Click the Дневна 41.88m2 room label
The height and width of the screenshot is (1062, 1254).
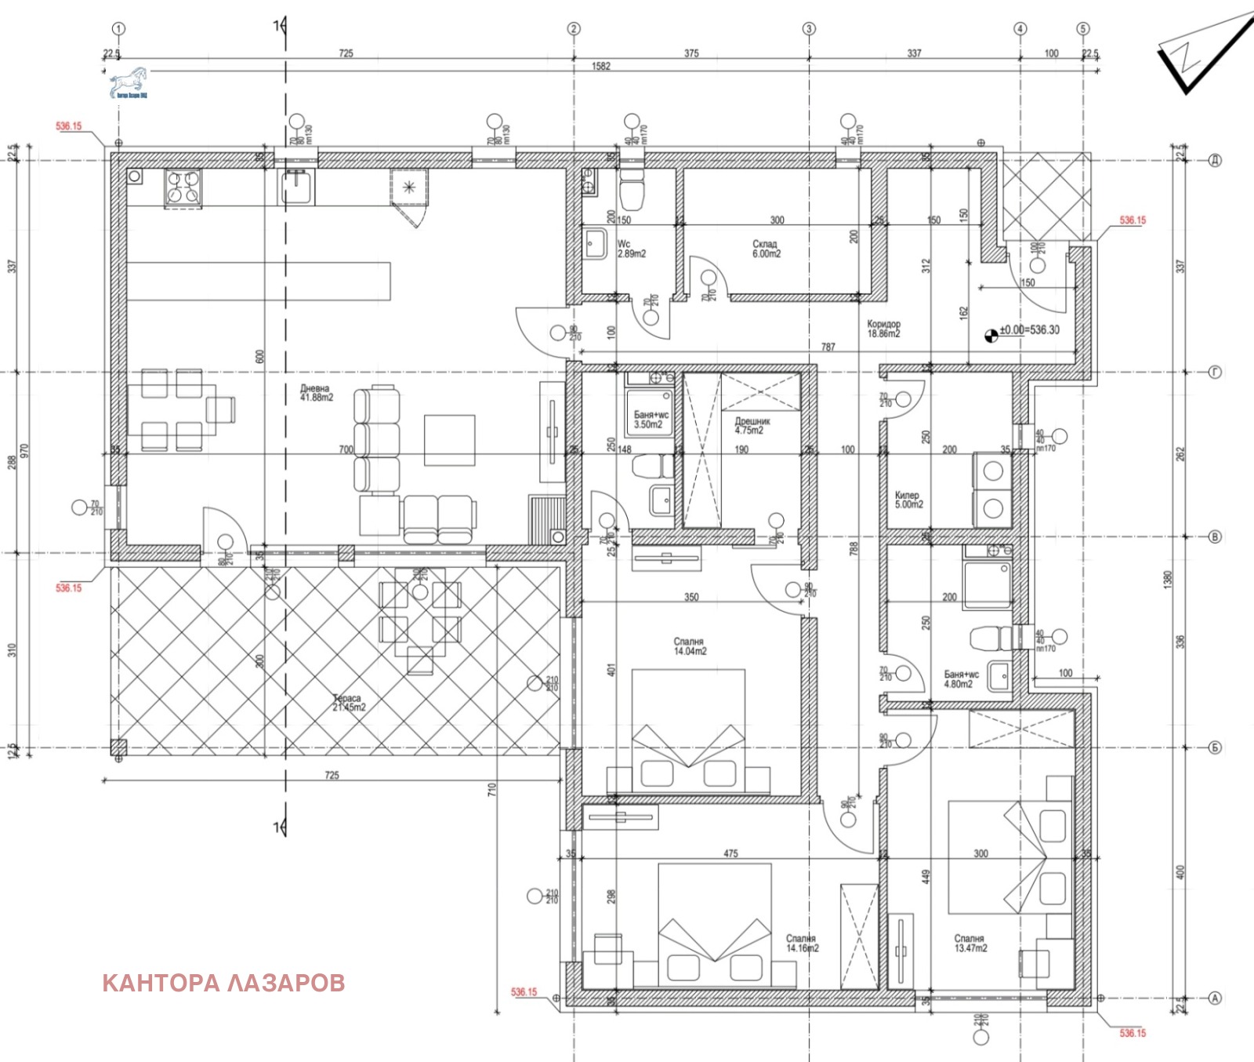point(316,393)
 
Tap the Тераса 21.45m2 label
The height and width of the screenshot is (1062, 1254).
point(348,703)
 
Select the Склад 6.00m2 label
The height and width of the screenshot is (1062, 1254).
point(766,249)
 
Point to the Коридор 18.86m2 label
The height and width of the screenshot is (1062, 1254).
point(883,329)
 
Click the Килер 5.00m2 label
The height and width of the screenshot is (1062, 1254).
point(908,500)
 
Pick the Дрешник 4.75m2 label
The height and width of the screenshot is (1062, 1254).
point(752,426)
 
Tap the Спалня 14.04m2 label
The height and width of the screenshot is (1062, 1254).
point(690,646)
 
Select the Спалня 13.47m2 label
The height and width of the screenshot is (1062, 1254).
point(970,943)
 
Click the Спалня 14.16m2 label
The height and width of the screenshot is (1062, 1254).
point(802,943)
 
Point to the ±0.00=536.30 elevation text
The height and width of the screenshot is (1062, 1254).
point(1028,330)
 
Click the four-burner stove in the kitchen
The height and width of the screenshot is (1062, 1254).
point(183,188)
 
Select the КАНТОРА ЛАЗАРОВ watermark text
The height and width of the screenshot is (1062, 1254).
point(223,983)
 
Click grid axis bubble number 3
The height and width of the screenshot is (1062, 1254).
point(809,29)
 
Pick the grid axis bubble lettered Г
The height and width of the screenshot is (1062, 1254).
point(1215,373)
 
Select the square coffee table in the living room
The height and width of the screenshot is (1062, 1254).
point(449,440)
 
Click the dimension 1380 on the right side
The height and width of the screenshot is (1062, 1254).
point(1168,580)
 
